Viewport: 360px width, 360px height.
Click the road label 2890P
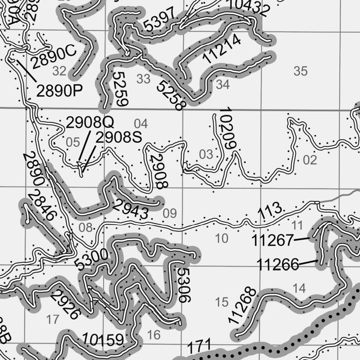[x=59, y=91]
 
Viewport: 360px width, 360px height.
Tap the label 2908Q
[x=90, y=123]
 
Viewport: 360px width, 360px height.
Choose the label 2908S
[x=118, y=138]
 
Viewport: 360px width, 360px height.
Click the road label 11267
[x=272, y=241]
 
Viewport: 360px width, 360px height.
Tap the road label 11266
[x=278, y=264]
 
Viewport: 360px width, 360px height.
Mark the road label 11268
[x=242, y=305]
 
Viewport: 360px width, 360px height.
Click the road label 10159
[x=103, y=340]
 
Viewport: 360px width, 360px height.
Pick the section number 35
[x=301, y=71]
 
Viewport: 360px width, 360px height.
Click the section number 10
[x=221, y=238]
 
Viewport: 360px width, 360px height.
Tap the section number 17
[x=53, y=319]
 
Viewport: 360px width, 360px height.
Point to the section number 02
[x=310, y=160]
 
